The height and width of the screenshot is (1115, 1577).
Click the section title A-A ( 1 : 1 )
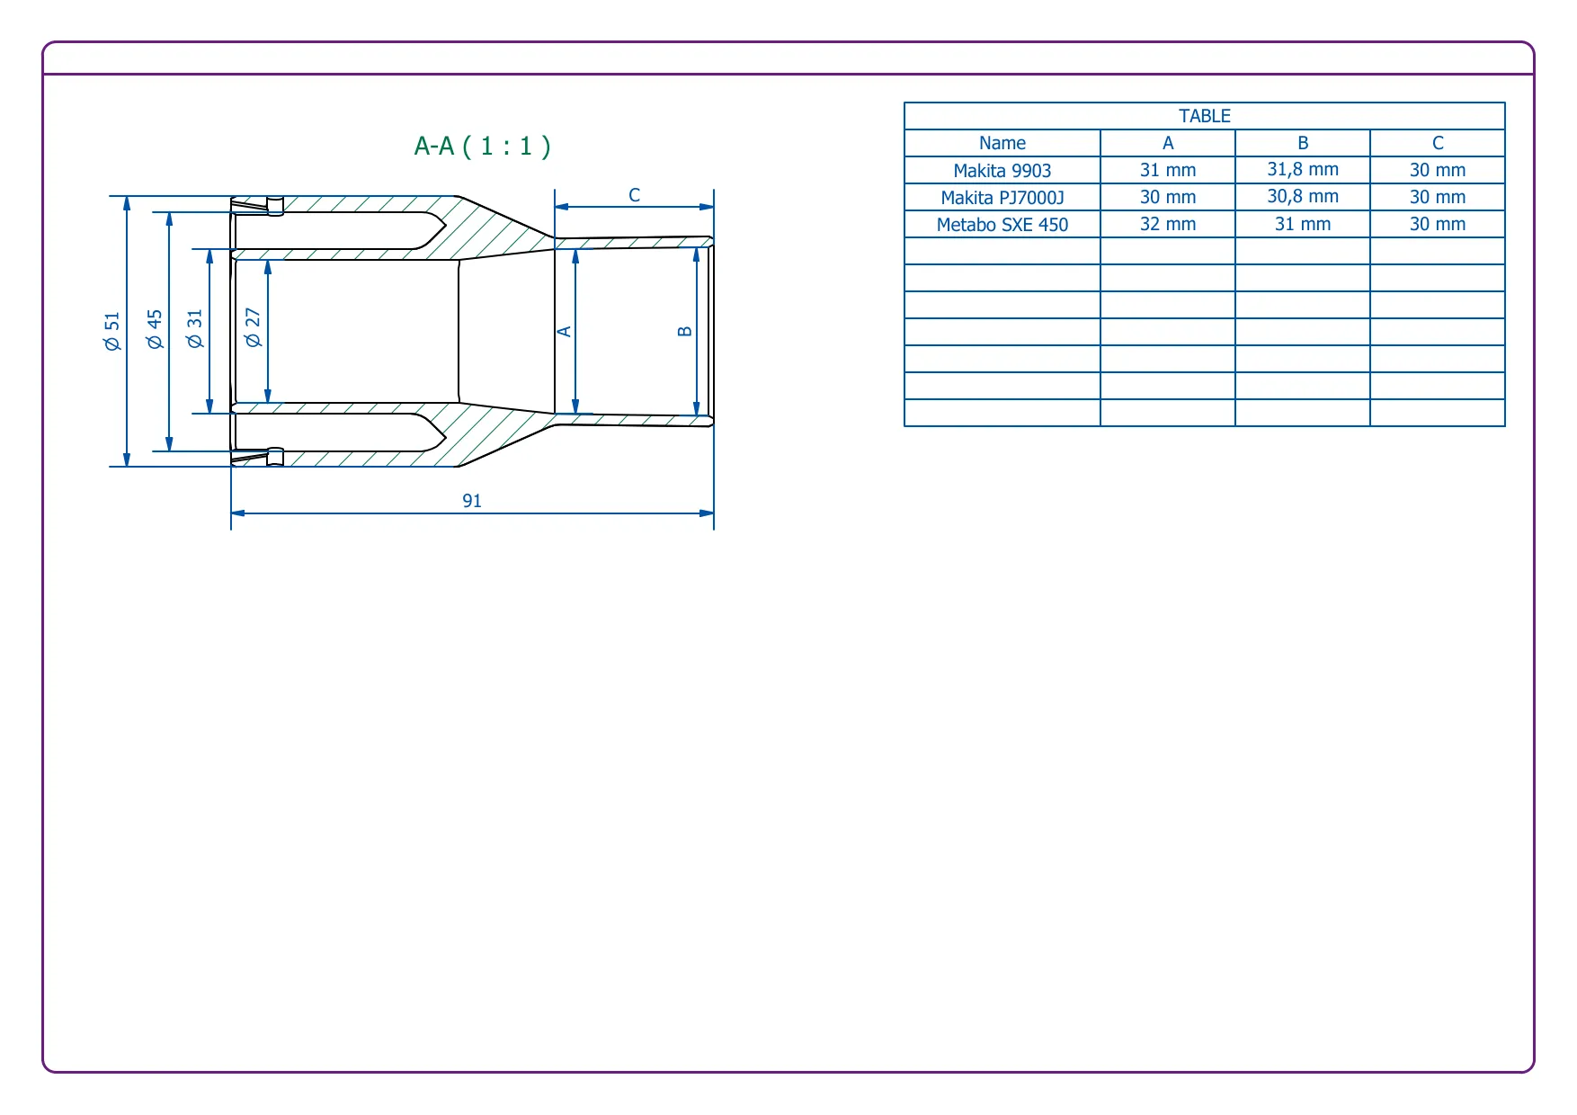[482, 146]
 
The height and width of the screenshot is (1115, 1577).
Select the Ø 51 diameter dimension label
[111, 331]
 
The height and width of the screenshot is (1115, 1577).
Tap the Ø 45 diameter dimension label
[155, 329]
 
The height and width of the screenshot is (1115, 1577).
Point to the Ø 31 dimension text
[194, 329]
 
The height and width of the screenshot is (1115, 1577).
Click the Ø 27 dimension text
[253, 327]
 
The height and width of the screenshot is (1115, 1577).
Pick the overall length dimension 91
[472, 501]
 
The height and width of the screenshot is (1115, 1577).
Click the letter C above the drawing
[635, 195]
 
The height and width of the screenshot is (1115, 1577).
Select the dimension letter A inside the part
[565, 332]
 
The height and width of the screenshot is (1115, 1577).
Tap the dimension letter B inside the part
[685, 332]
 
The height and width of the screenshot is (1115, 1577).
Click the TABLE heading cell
[1205, 116]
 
